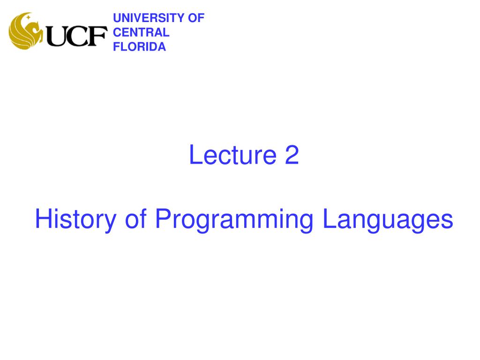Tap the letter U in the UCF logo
tap(57, 36)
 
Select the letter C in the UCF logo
tap(77, 36)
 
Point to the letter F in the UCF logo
tap(97, 36)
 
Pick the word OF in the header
tap(196, 18)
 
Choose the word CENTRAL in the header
tap(141, 32)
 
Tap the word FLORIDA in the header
tap(140, 46)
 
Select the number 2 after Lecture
tap(291, 155)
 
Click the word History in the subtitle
tap(75, 220)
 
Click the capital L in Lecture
tap(194, 155)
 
